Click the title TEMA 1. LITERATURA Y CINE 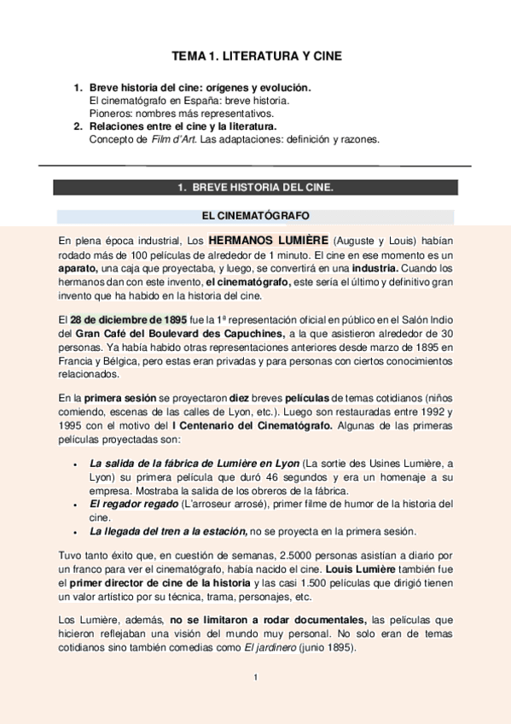[256, 56]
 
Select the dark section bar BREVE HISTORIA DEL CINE [256, 187]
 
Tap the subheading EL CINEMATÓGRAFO [256, 216]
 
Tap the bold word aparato [78, 268]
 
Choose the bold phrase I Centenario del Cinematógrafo [253, 424]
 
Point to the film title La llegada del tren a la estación [167, 530]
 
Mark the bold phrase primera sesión [119, 397]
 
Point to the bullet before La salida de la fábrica [77, 464]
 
